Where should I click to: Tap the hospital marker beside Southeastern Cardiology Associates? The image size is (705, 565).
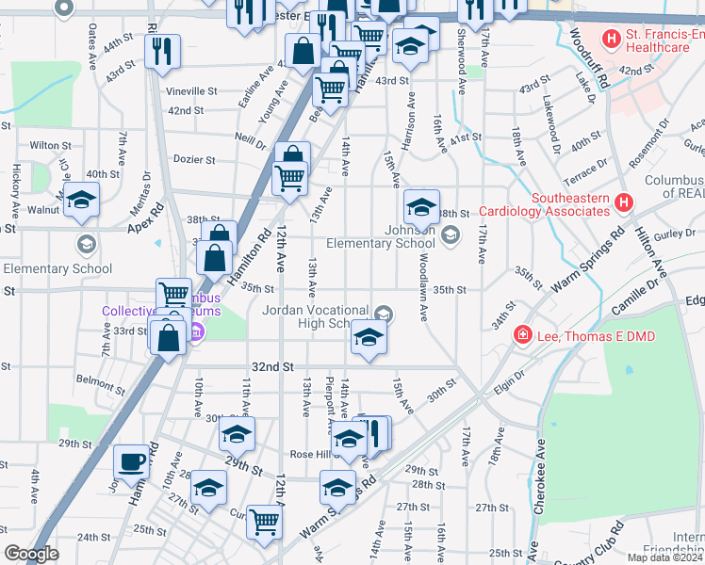click(x=622, y=202)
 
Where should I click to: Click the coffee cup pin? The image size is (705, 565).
click(x=131, y=461)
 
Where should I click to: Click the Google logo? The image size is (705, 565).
click(x=32, y=554)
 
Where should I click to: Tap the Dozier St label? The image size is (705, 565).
click(x=195, y=159)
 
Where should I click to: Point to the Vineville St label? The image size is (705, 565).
click(x=191, y=91)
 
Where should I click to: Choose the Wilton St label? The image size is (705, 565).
click(x=50, y=146)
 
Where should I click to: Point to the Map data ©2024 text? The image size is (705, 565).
click(x=665, y=557)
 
